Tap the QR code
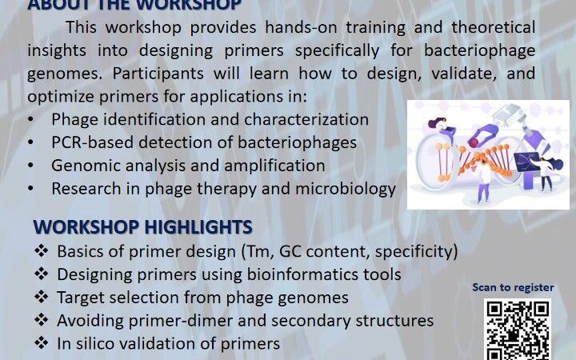tap(518, 328)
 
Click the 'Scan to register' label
tap(513, 288)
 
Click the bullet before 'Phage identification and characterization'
tap(30, 120)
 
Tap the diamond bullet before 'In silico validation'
tap(42, 344)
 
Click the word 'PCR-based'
tap(88, 143)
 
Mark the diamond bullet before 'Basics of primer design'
tap(42, 251)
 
